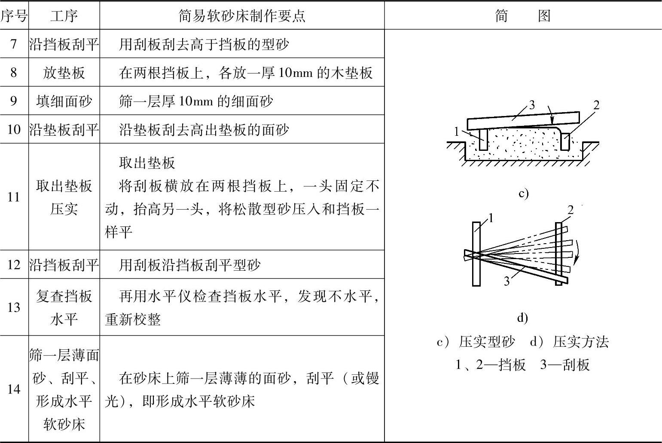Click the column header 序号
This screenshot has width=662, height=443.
[14, 15]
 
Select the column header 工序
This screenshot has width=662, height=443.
[64, 15]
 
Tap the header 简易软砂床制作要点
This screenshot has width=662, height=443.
[242, 15]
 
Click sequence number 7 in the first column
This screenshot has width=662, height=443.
[14, 44]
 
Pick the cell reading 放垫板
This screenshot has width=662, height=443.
[64, 73]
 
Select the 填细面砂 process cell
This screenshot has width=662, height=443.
[64, 101]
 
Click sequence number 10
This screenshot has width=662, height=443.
[14, 129]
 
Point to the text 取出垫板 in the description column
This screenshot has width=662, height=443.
[147, 162]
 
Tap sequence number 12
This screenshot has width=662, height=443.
[14, 265]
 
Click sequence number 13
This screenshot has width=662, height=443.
[14, 307]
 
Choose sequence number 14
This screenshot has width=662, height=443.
[14, 389]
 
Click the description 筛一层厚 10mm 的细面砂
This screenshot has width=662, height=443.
[195, 101]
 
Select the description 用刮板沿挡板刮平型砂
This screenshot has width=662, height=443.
[189, 265]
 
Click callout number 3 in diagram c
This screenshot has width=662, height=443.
[532, 104]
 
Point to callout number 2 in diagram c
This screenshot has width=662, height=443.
[596, 105]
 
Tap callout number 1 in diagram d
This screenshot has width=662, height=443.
[491, 218]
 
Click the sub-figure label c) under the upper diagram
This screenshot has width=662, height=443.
[523, 193]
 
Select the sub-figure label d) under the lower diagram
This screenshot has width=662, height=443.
[522, 318]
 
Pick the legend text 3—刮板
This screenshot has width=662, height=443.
[565, 364]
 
